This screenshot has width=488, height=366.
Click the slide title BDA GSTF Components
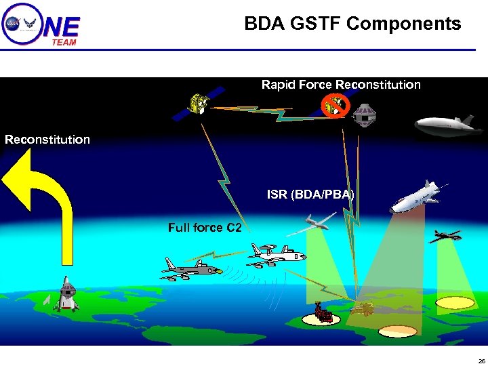352,24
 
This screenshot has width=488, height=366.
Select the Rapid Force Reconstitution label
341,85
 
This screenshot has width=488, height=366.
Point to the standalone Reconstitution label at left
47,140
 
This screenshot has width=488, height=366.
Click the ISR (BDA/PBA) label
310,195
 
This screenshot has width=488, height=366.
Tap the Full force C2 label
205,228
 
